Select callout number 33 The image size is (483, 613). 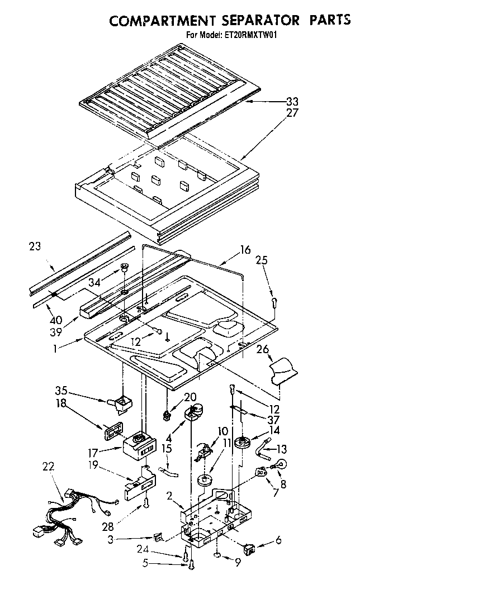[x=292, y=102]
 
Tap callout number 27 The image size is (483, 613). [x=292, y=112]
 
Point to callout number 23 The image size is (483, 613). [x=35, y=246]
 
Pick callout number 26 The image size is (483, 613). [x=263, y=351]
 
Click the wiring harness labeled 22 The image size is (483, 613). [x=61, y=515]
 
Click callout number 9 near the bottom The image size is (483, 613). [x=238, y=563]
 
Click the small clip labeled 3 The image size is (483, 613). [x=159, y=538]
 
